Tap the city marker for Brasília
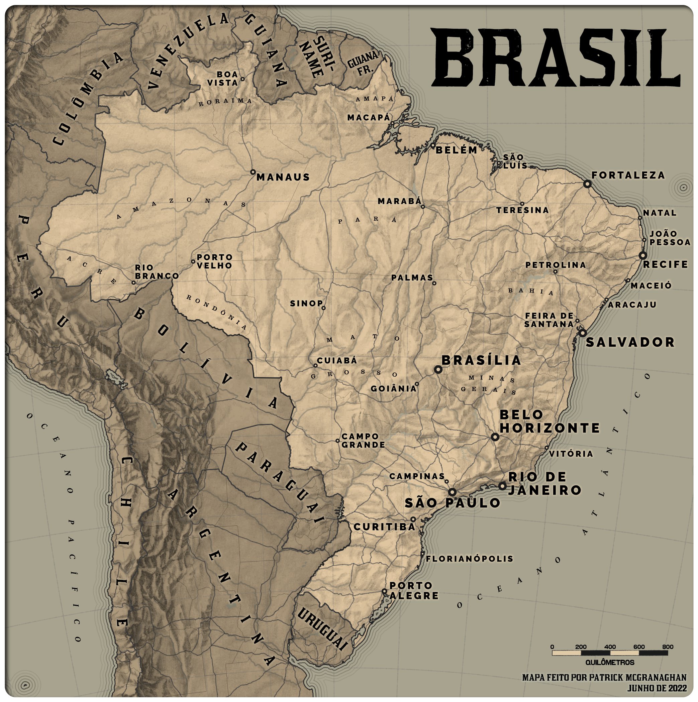click(438, 369)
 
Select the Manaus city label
click(283, 177)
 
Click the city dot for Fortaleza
click(587, 184)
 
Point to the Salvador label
click(630, 342)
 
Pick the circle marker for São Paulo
click(452, 492)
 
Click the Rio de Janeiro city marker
click(502, 486)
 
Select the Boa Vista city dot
click(242, 79)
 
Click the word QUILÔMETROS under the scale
click(610, 663)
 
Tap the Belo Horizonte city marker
click(495, 437)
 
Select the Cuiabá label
click(337, 361)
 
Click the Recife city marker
click(643, 255)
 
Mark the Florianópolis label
click(469, 559)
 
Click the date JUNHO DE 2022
click(657, 688)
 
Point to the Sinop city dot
click(323, 308)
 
